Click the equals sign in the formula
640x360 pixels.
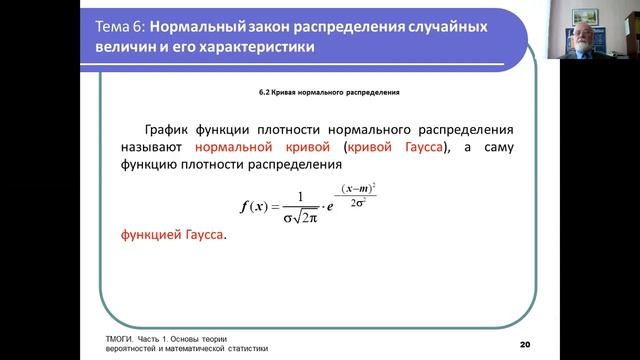pos(281,207)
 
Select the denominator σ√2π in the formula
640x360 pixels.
pos(314,218)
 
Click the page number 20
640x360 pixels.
pos(525,344)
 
